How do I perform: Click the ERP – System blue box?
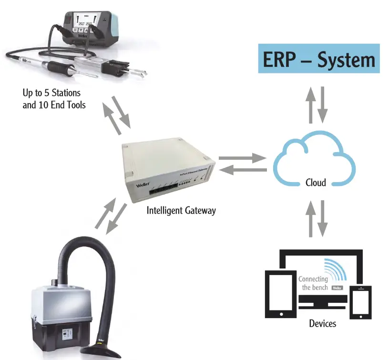coord(319,59)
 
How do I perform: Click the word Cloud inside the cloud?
coord(316,182)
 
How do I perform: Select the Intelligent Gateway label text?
coord(181,210)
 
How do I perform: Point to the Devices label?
coord(322,323)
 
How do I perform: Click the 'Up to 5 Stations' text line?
coord(51,92)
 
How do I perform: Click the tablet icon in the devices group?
coord(280,292)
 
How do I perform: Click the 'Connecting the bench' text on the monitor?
coord(313,283)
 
